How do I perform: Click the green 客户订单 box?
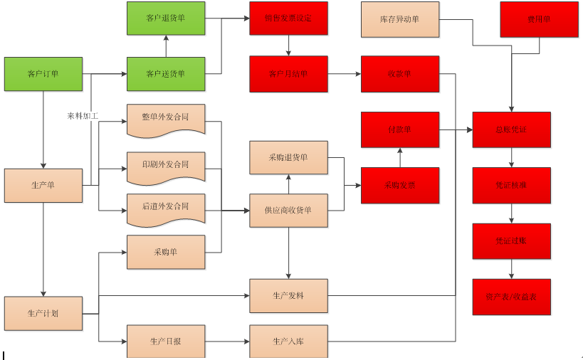point(43,74)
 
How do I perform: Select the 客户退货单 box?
point(166,18)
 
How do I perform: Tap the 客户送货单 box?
point(166,74)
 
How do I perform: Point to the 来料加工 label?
point(83,115)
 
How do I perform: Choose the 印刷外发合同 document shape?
point(166,165)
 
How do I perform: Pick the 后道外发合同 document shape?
point(166,208)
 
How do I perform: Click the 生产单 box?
point(43,186)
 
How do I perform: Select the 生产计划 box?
point(43,313)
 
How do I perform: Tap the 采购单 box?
point(166,252)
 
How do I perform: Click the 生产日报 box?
point(166,342)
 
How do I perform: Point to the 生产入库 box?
point(288,342)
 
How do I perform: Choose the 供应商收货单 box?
point(288,211)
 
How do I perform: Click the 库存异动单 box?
point(400,19)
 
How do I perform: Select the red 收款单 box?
point(400,74)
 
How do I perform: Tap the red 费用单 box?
point(538,19)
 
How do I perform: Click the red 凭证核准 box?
point(511,185)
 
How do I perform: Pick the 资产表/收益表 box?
point(511,297)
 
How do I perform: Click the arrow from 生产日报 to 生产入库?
point(227,342)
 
